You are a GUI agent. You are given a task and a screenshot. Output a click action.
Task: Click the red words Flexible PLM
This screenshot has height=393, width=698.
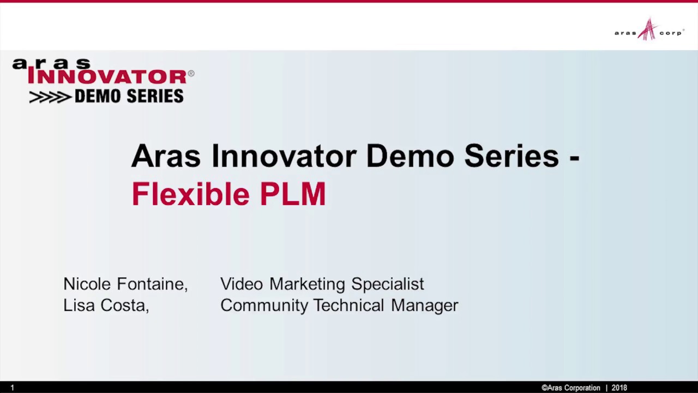pyautogui.click(x=228, y=194)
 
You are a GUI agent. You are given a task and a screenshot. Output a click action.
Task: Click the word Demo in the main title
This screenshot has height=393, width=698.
pyautogui.click(x=410, y=156)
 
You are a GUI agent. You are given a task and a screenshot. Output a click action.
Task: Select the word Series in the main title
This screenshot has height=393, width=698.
pyautogui.click(x=512, y=156)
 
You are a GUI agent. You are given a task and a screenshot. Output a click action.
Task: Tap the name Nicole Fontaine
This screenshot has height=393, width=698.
pyautogui.click(x=125, y=284)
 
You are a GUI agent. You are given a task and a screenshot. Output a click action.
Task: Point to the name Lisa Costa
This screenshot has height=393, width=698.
pyautogui.click(x=105, y=305)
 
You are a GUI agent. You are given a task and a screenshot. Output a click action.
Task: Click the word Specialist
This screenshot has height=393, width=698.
pyautogui.click(x=387, y=284)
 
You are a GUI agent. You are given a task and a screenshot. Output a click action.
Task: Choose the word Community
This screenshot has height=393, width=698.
pyautogui.click(x=264, y=306)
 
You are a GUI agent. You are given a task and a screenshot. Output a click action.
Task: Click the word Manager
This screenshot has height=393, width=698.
pyautogui.click(x=424, y=306)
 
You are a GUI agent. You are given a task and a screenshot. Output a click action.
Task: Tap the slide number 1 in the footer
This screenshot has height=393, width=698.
pyautogui.click(x=12, y=388)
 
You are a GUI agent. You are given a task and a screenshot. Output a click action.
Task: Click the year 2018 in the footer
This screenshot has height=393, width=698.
pyautogui.click(x=619, y=388)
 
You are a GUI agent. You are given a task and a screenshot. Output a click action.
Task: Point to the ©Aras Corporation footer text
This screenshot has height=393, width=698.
pyautogui.click(x=570, y=388)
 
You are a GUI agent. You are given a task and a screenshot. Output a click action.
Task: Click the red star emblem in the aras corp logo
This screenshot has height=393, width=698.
pyautogui.click(x=648, y=29)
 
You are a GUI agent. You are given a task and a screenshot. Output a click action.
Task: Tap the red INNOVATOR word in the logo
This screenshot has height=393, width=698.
pyautogui.click(x=107, y=77)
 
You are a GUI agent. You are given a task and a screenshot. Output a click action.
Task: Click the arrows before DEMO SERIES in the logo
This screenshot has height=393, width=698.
pyautogui.click(x=50, y=97)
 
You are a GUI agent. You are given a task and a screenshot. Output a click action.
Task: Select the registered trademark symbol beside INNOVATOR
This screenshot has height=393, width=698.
pyautogui.click(x=191, y=73)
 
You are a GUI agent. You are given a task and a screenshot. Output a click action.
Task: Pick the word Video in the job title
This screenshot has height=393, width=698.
pyautogui.click(x=240, y=284)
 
